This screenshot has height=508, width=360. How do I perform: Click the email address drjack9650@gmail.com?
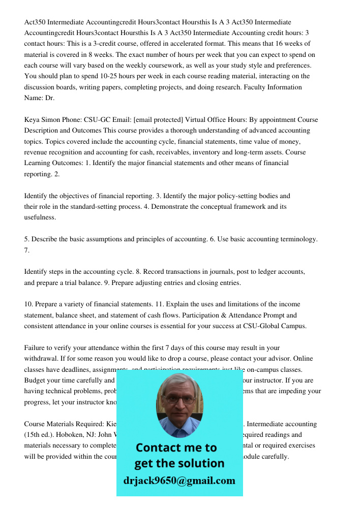pyautogui.click(x=179, y=481)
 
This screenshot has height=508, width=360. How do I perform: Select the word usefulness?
pyautogui.click(x=40, y=217)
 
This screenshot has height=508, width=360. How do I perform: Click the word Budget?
pyautogui.click(x=36, y=380)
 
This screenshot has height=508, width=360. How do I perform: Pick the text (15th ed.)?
pyautogui.click(x=41, y=434)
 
